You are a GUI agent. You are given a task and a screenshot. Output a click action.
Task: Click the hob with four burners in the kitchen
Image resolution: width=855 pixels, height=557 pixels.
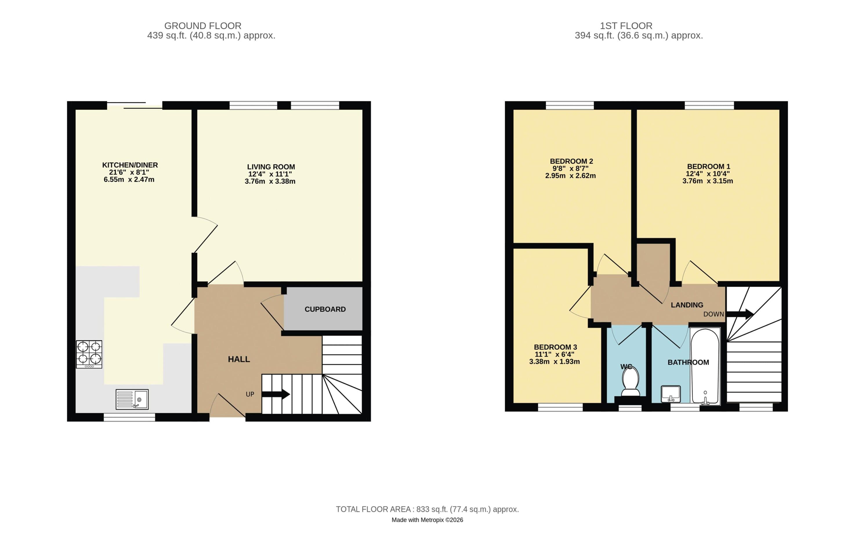tap(89, 354)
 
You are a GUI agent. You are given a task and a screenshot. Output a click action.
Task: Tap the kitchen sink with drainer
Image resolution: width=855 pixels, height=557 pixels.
tap(132, 399)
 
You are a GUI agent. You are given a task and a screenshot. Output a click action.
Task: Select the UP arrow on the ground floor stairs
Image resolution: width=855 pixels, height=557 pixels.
tap(276, 394)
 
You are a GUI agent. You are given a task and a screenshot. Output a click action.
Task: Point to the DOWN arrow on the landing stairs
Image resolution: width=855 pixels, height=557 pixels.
tap(740, 314)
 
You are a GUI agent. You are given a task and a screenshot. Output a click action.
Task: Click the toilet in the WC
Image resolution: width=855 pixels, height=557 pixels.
tap(631, 381)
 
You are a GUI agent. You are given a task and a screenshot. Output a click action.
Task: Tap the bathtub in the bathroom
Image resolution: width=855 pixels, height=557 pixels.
tap(705, 366)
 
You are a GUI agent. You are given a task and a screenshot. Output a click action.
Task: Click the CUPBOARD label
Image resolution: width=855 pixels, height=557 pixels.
tap(325, 309)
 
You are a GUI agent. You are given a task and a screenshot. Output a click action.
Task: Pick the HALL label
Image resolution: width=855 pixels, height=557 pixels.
tap(239, 359)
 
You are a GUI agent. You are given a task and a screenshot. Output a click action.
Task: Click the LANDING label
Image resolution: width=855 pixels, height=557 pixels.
tap(687, 305)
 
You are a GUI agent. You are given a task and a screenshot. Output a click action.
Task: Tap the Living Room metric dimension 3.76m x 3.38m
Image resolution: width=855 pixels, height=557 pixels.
tap(270, 181)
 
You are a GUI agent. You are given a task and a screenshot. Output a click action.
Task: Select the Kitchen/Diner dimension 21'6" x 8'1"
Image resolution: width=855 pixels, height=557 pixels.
tap(129, 172)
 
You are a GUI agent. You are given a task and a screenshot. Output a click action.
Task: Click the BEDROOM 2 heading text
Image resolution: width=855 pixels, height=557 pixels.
tap(571, 161)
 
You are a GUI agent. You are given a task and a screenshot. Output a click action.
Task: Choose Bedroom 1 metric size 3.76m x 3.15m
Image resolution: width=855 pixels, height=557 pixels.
tap(708, 181)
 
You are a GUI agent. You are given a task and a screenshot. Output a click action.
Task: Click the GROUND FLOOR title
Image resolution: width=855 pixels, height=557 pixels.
tap(203, 26)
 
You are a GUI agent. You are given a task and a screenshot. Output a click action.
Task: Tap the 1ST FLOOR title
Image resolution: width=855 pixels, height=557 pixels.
tap(626, 26)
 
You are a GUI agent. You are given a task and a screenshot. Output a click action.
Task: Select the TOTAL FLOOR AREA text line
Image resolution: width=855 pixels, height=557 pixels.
tap(427, 509)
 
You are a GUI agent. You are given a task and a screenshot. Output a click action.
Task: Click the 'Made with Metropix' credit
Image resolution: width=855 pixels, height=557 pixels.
tap(427, 520)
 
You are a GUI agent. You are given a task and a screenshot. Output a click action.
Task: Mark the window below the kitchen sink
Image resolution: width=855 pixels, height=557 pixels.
tap(129, 417)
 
